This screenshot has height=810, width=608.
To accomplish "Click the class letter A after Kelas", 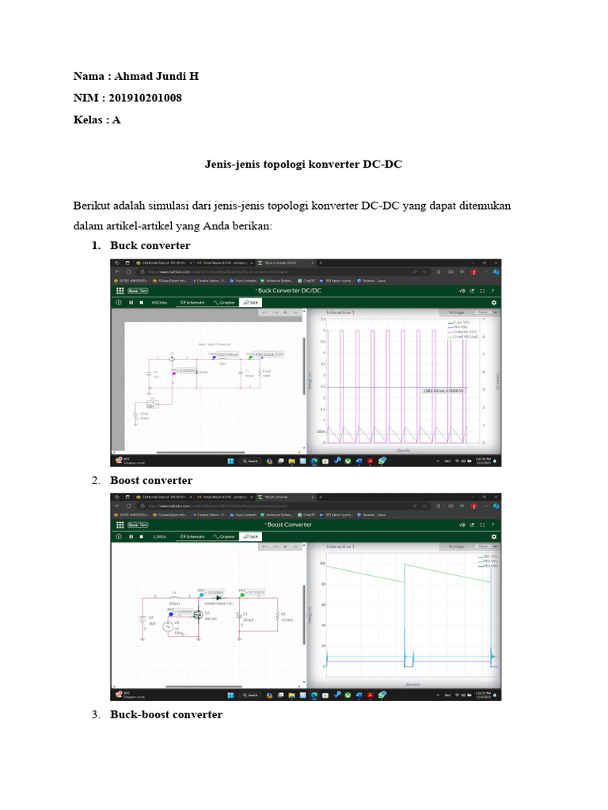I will click(x=117, y=119).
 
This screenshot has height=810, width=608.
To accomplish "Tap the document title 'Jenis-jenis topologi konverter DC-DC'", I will click(x=304, y=164).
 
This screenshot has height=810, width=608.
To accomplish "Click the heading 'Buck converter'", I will click(x=150, y=246).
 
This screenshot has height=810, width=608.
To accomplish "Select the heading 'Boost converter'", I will click(x=151, y=480).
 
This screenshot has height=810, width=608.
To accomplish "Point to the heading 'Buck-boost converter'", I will click(x=166, y=714).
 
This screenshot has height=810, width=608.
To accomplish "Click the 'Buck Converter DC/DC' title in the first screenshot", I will click(x=294, y=290).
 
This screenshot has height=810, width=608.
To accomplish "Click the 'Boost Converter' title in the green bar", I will click(x=289, y=524).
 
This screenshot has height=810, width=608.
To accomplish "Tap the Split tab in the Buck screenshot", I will click(x=252, y=302).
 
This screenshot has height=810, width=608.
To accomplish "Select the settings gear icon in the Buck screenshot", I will click(x=494, y=302).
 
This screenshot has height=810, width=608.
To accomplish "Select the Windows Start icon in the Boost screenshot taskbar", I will click(x=230, y=695).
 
